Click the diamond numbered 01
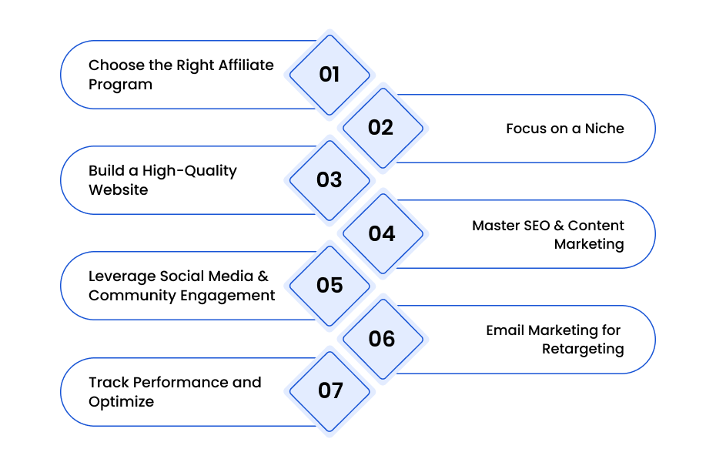(x=330, y=75)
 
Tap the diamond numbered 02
(x=383, y=128)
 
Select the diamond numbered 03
(x=330, y=180)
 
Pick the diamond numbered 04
(x=383, y=233)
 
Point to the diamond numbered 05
(x=330, y=286)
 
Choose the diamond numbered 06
(x=383, y=339)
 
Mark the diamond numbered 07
(x=330, y=391)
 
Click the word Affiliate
(x=246, y=65)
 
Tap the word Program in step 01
(x=121, y=85)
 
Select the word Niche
(x=604, y=129)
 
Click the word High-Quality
(x=189, y=171)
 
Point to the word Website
(x=119, y=189)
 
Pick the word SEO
(x=537, y=226)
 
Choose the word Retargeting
(x=583, y=350)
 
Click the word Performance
(x=180, y=382)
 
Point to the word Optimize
(x=121, y=402)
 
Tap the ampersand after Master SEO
(x=559, y=226)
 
